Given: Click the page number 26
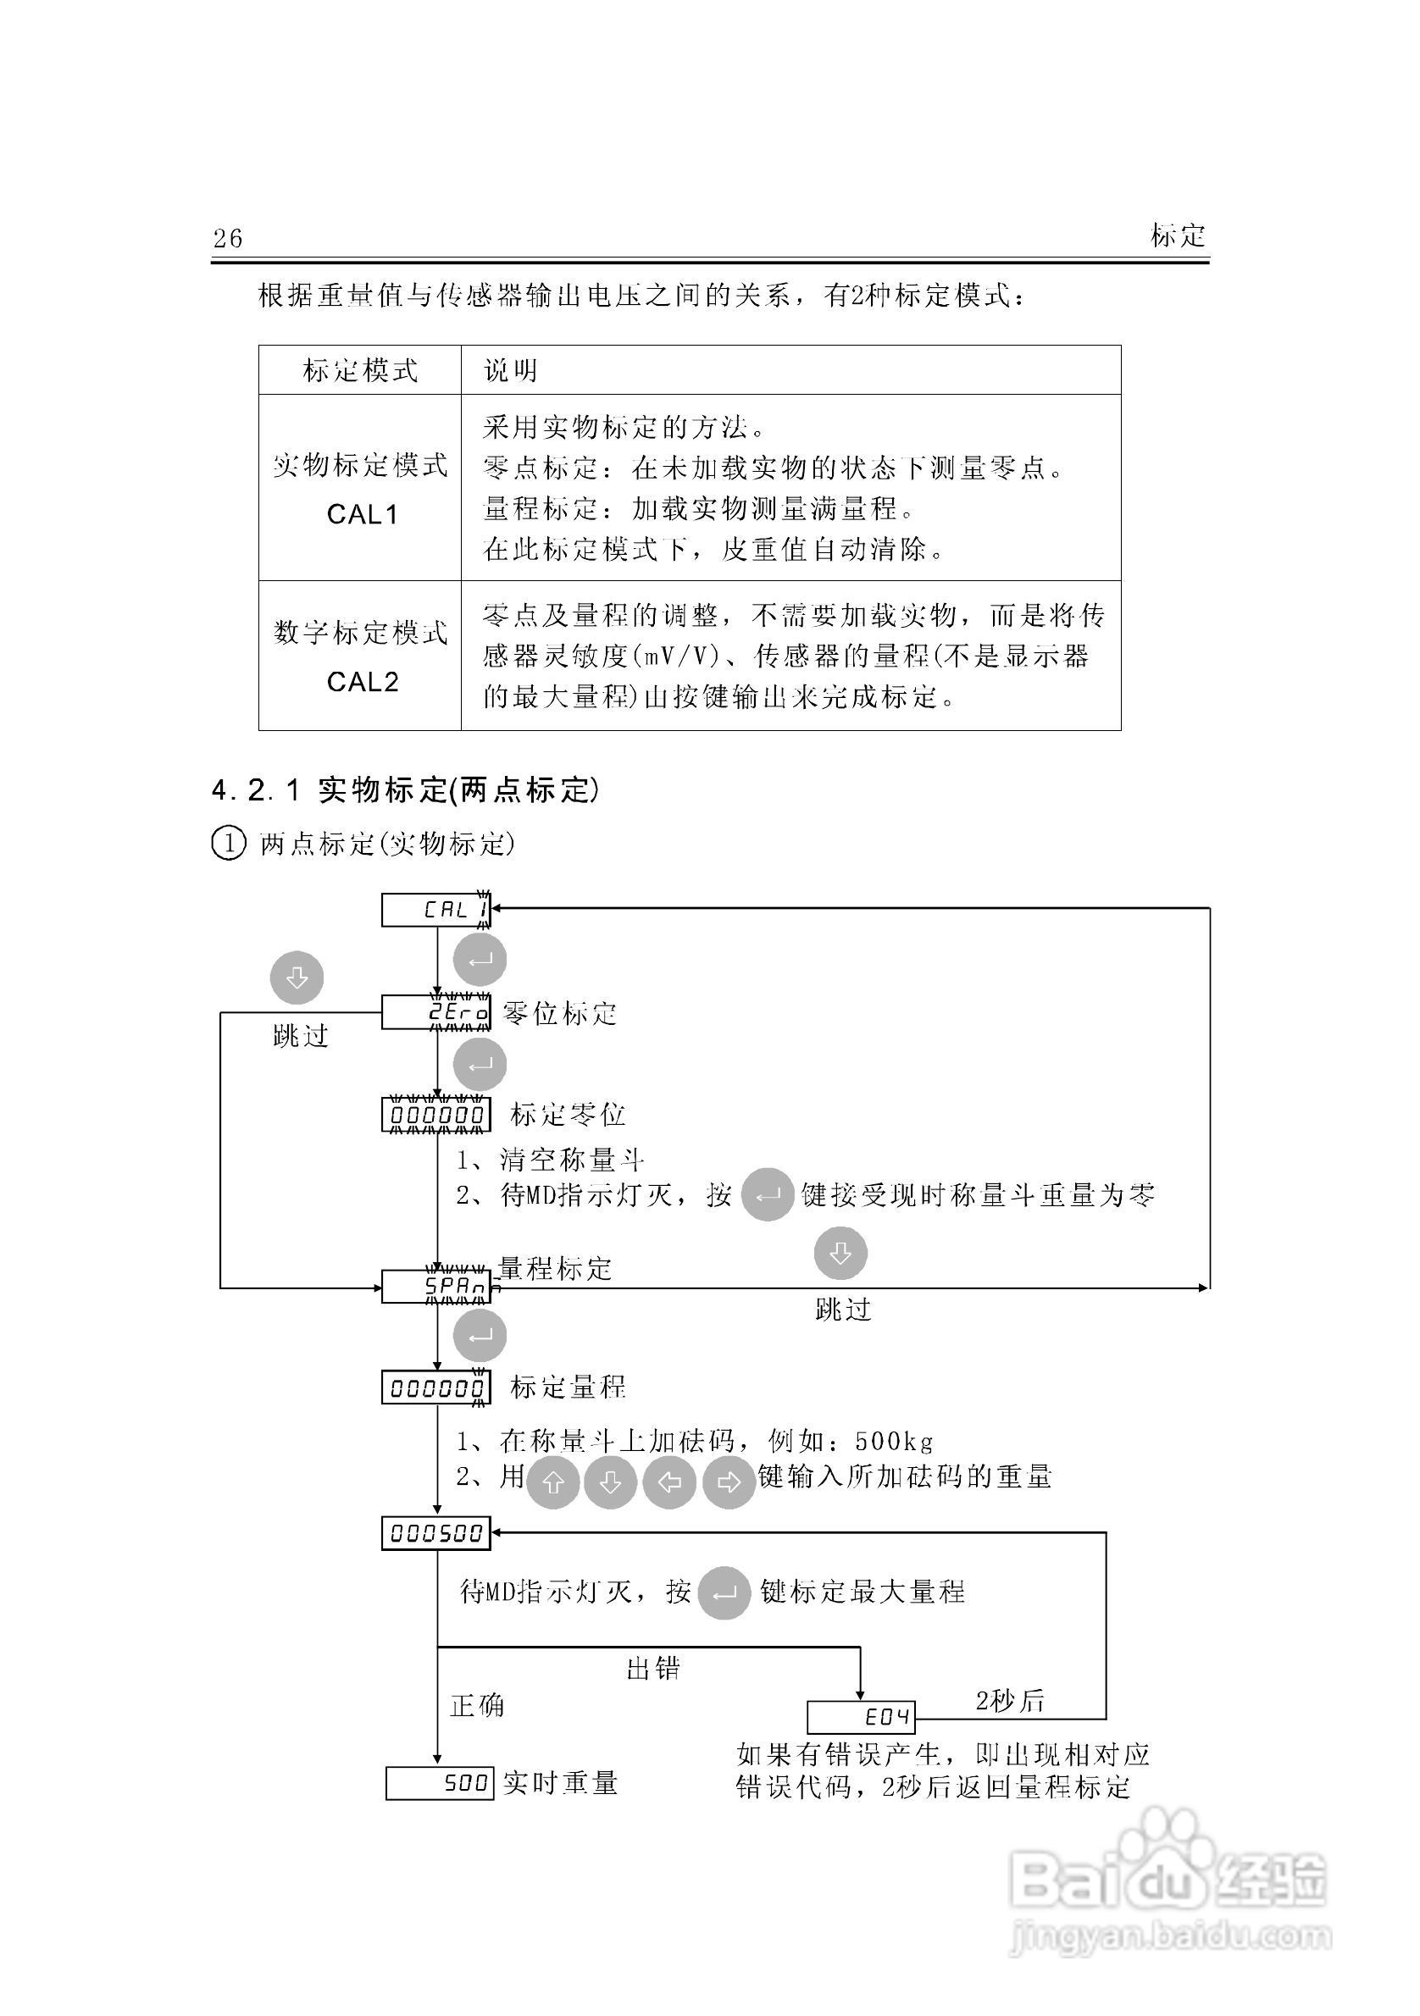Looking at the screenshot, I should point(227,238).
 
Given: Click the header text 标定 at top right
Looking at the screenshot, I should point(1178,235).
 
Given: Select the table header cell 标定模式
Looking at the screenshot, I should point(360,370).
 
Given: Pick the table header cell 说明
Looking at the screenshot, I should point(510,370).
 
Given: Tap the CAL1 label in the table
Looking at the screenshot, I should point(362,513).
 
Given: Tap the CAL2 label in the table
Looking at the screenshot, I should point(362,681).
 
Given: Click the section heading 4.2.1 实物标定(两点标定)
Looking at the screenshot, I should point(406,790).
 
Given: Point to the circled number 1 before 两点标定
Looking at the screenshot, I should point(228,844).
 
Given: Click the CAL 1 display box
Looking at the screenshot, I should point(435,910).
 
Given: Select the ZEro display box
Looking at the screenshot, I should point(435,1012).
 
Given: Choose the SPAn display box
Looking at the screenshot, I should point(435,1288).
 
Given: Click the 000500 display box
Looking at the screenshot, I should point(435,1533).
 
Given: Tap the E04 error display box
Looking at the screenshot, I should point(861,1717).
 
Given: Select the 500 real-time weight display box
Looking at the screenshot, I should point(439,1783).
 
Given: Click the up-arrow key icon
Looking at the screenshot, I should point(552,1483).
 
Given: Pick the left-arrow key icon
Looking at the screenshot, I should point(669,1483).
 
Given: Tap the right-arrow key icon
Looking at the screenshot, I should point(729,1483).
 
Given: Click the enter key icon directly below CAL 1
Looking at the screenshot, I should point(480,960).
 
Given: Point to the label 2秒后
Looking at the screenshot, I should point(1010,1701).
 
